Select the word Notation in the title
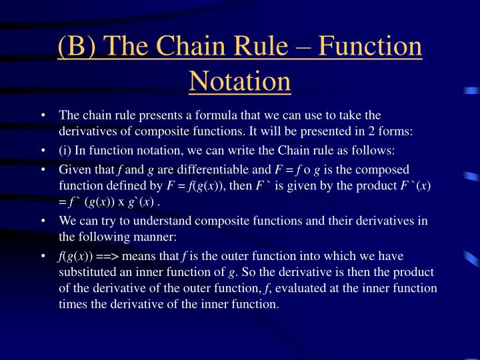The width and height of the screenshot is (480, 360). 240,81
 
